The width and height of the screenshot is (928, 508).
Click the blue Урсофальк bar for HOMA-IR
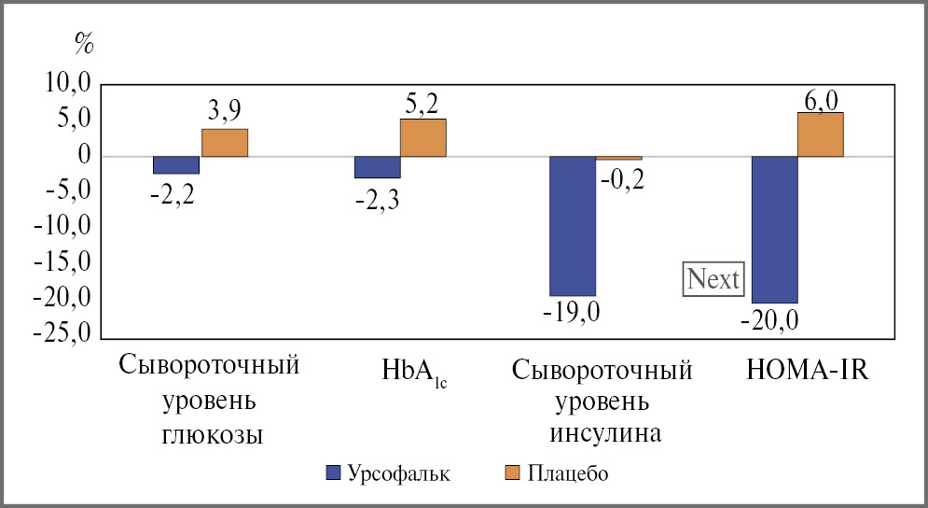774,229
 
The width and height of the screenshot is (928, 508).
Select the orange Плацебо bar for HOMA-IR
820,134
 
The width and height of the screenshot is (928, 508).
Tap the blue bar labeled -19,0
573,225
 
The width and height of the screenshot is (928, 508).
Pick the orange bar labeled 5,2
422,137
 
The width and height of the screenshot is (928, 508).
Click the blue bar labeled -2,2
176,164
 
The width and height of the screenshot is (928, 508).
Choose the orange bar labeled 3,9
225,142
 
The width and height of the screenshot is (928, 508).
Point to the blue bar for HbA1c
377,166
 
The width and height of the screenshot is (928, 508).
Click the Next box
713,278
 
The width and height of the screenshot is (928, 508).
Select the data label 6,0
820,100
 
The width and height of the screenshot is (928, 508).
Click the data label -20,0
769,320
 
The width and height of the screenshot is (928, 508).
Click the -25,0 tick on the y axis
62,334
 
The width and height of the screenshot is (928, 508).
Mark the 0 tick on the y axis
83,156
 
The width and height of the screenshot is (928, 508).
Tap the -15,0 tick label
62,263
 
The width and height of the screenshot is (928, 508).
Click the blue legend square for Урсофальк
333,473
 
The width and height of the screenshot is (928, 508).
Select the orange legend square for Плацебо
510,473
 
